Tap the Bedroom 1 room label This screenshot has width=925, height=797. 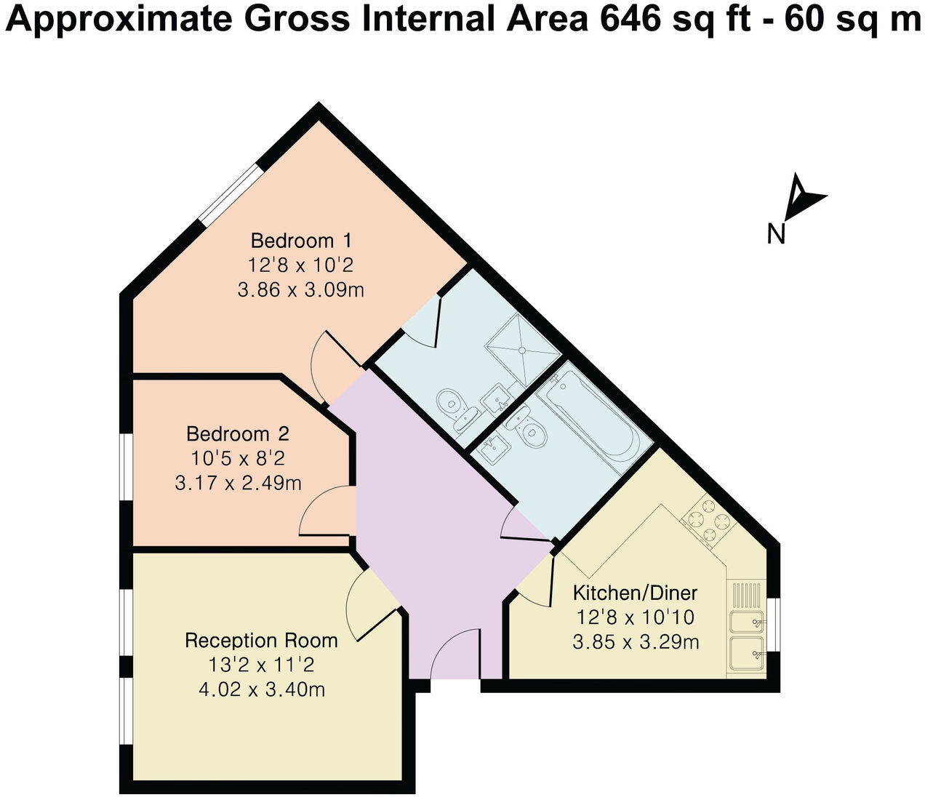click(301, 240)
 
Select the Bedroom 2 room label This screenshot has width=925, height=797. click(238, 434)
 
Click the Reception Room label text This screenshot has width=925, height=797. click(261, 641)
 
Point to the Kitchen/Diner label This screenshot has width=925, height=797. click(635, 592)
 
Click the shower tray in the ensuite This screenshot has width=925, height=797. click(523, 348)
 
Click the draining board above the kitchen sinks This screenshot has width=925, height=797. click(747, 596)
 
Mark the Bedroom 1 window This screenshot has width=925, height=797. click(231, 193)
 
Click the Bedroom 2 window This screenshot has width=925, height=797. click(127, 467)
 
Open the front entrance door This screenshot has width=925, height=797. click(455, 657)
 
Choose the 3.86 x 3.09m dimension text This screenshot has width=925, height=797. click(301, 291)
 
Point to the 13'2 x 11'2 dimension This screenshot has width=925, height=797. click(261, 665)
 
